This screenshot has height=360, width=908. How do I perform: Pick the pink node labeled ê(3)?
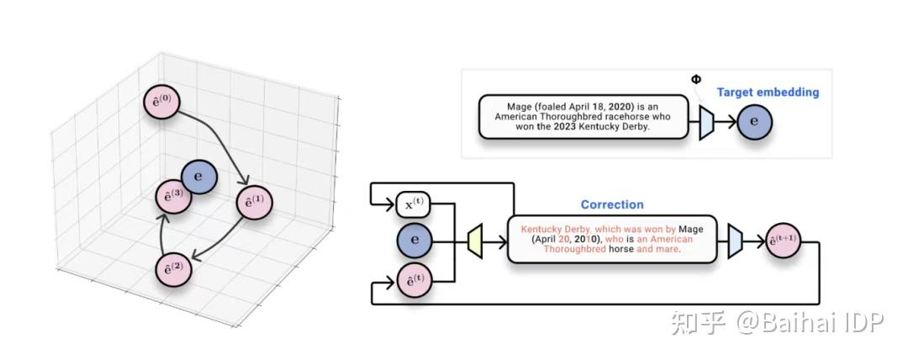point(172,195)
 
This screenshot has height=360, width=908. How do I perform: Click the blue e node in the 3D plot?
point(199,177)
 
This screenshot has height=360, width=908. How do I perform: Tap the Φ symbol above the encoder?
point(695,79)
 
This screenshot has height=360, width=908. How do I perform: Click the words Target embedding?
point(768,92)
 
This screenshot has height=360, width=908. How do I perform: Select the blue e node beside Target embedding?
point(753,124)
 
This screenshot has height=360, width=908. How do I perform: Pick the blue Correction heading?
point(612,204)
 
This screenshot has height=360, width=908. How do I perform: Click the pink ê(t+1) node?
point(781,242)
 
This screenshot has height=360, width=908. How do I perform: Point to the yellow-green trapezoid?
point(476,241)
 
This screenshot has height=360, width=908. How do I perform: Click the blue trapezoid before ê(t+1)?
point(734,241)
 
